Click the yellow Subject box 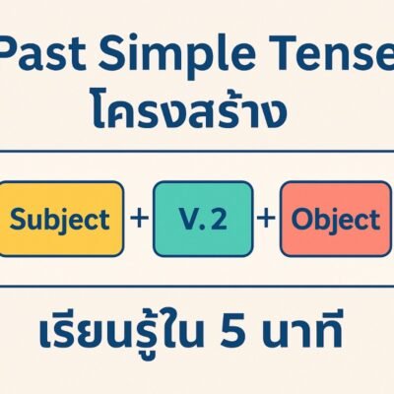[x=63, y=218]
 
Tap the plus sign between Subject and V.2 [x=138, y=218]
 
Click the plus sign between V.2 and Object [x=266, y=218]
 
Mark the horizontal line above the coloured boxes [x=197, y=153]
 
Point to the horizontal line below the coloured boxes [x=197, y=286]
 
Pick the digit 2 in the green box [x=221, y=218]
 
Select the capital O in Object [x=299, y=218]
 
